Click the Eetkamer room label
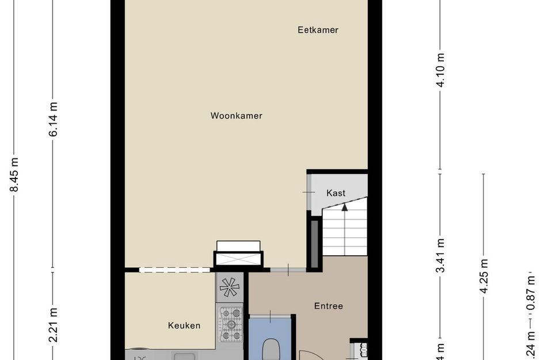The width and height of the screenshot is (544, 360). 318,30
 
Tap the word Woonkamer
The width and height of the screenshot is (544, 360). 236,116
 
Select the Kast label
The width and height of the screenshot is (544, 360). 336,193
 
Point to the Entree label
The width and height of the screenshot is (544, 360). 328,306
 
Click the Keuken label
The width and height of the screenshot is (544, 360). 184,325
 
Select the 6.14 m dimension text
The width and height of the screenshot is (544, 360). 54,119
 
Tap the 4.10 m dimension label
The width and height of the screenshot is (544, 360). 441,70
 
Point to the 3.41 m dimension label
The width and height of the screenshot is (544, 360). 441,256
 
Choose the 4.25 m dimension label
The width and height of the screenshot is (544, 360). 484,276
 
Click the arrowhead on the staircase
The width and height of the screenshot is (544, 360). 345,208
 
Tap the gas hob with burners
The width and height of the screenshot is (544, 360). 232,323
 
